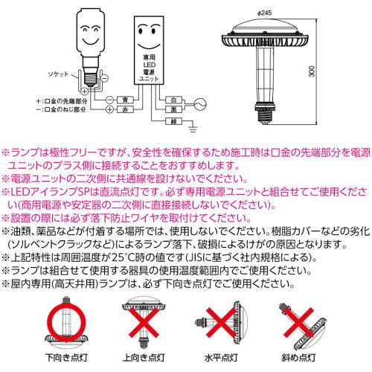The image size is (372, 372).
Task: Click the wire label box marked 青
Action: tap(125, 100)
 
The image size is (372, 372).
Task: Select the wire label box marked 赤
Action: tap(125, 109)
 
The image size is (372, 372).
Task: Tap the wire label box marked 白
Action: tap(173, 100)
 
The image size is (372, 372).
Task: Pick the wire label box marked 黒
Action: tap(173, 109)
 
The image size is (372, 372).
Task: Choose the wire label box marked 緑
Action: tap(173, 121)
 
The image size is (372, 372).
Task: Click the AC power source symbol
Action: tap(200, 104)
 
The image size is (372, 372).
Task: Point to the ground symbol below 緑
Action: tap(193, 129)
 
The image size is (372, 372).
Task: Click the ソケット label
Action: tap(58, 74)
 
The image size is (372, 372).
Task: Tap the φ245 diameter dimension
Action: tap(265, 13)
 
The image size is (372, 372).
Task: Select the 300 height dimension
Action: tap(312, 71)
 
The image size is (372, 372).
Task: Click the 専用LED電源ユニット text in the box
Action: tap(149, 68)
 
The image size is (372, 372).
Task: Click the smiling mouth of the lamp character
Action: tap(90, 40)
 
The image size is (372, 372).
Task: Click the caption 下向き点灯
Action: tap(66, 358)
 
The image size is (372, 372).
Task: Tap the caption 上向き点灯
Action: tap(144, 358)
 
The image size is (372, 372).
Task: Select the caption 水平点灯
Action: tap(221, 358)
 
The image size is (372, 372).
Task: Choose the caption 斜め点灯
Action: tap(298, 358)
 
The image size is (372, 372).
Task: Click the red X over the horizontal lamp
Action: tap(221, 322)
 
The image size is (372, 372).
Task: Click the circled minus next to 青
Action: tap(110, 100)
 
